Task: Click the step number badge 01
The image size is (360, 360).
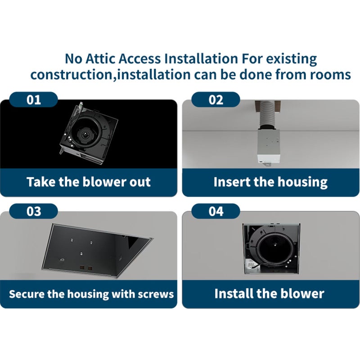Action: click(x=34, y=99)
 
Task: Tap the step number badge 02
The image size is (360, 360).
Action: click(x=216, y=99)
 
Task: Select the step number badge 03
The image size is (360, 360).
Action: click(x=34, y=211)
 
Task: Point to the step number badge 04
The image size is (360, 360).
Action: click(x=216, y=211)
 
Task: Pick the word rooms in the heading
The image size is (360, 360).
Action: click(x=329, y=74)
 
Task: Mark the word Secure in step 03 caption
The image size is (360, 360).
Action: click(x=27, y=294)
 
